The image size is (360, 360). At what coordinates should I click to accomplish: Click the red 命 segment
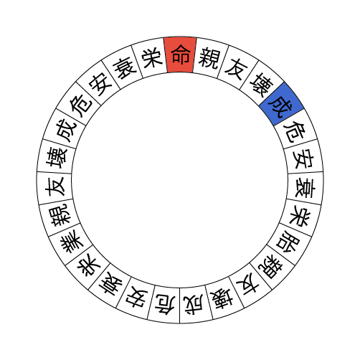coord(180,55)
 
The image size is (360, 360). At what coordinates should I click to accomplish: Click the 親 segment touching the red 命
coord(209,58)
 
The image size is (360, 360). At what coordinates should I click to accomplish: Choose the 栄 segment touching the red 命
coord(151,58)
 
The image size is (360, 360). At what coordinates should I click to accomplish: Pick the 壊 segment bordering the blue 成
coord(261,84)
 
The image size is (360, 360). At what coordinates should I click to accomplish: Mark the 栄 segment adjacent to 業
coord(87,265)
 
